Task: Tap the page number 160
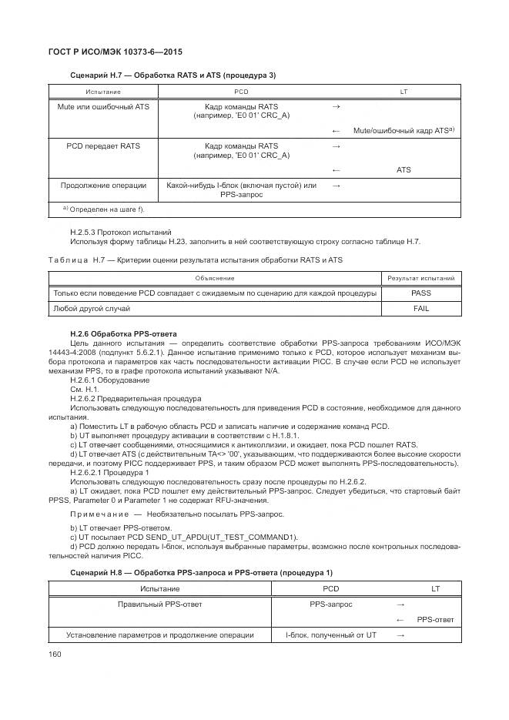(55, 655)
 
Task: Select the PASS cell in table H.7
(420, 293)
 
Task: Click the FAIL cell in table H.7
(420, 308)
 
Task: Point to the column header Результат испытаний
(420, 278)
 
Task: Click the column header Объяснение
(214, 278)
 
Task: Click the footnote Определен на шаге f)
(103, 209)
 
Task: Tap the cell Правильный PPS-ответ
(160, 604)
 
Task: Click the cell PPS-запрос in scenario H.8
(331, 604)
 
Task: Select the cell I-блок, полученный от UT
(331, 635)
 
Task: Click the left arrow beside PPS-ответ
(400, 620)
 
